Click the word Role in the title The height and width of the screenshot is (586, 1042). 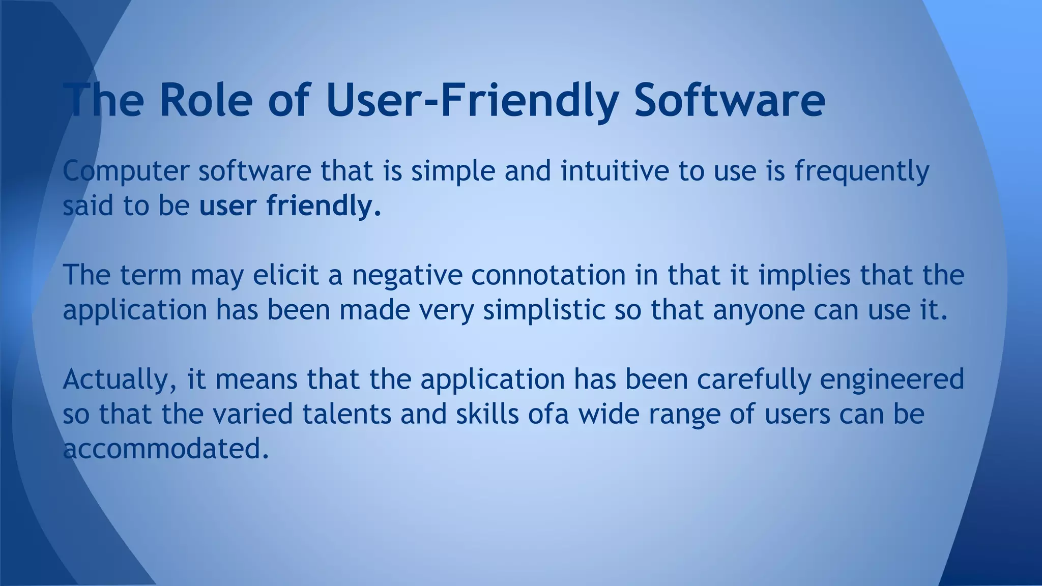point(206,99)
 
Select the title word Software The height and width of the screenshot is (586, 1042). point(730,99)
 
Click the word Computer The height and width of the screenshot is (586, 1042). point(126,171)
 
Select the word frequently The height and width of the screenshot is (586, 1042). point(862,171)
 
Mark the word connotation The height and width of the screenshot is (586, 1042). point(548,275)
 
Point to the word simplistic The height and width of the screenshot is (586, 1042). point(544,310)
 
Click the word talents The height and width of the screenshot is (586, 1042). point(346,414)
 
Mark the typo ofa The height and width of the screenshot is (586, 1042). point(547,414)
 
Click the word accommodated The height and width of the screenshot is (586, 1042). point(165,449)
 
